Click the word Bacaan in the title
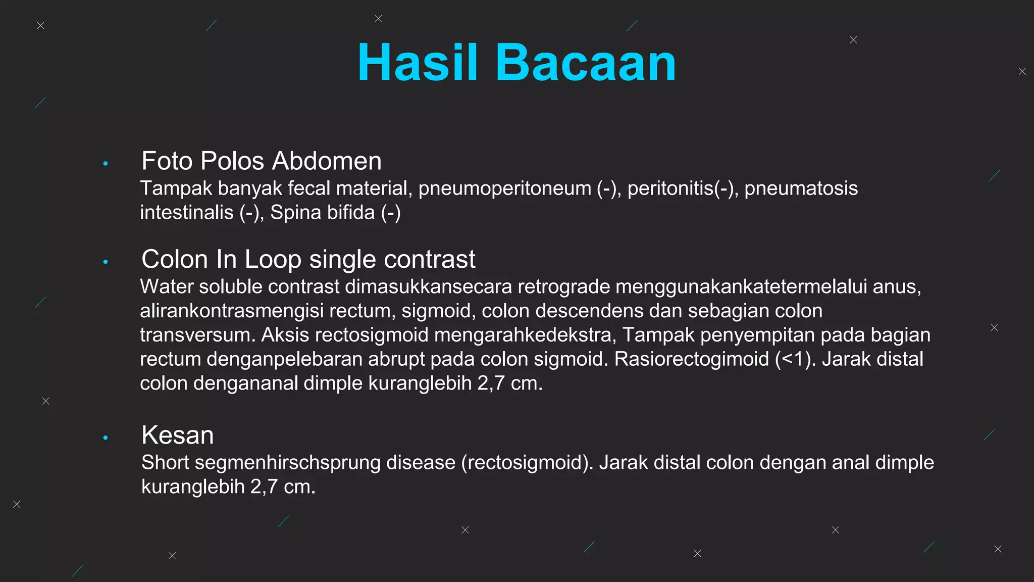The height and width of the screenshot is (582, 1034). click(x=585, y=63)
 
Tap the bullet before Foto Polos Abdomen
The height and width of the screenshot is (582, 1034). click(x=106, y=163)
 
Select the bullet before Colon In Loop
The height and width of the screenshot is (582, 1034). click(x=106, y=262)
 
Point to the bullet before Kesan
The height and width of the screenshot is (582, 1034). click(x=106, y=438)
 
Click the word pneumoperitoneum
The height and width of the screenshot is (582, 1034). click(x=504, y=188)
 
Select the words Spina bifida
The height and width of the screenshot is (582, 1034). click(x=322, y=213)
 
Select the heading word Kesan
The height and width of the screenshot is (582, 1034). click(x=178, y=435)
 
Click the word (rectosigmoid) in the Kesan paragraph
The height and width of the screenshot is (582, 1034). click(x=527, y=463)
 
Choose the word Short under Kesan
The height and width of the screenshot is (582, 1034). click(x=165, y=463)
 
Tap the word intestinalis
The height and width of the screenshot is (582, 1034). click(x=186, y=213)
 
